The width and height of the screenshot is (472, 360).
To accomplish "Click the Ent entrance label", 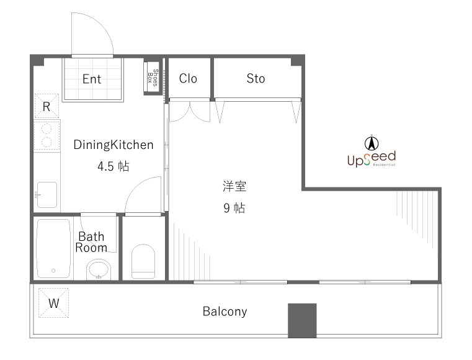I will (92, 79).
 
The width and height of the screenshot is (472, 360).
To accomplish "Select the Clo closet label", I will (188, 78).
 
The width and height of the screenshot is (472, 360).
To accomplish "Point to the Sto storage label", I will (256, 78).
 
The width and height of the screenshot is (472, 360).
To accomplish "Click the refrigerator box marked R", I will (47, 106).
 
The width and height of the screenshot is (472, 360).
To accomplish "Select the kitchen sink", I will (47, 194).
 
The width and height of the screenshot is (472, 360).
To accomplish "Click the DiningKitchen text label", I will (113, 145).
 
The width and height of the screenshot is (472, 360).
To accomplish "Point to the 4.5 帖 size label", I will (113, 166).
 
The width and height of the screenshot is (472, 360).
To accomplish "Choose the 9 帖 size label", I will (234, 208).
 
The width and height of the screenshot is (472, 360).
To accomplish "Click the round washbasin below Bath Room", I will (98, 269).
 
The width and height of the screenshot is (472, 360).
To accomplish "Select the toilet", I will (143, 261).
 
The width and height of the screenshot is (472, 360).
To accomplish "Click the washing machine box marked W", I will (54, 304).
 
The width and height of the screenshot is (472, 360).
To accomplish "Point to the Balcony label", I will (225, 312).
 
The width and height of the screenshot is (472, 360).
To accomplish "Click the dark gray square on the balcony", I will (302, 320).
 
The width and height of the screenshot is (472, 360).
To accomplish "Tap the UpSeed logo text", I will (371, 159).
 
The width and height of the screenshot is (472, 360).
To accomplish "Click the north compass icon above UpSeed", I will (371, 142).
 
